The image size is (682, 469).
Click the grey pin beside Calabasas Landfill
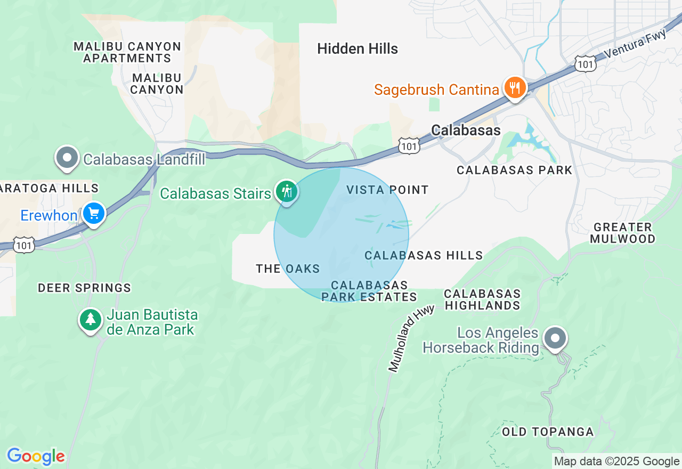(67, 158)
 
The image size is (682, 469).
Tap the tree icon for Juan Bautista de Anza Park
(91, 320)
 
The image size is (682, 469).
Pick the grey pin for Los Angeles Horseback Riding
(555, 338)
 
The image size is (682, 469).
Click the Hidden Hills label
(358, 49)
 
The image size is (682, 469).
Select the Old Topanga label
(548, 432)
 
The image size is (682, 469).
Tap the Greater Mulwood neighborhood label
(622, 233)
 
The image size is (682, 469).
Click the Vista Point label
(387, 190)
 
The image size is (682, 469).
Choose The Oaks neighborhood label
(288, 269)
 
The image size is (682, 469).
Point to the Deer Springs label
(84, 288)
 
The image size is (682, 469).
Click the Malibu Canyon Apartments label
(127, 52)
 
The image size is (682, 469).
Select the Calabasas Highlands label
(482, 300)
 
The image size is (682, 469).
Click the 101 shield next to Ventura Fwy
(585, 64)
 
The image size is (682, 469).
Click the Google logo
(36, 457)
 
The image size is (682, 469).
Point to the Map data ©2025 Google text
(616, 462)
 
